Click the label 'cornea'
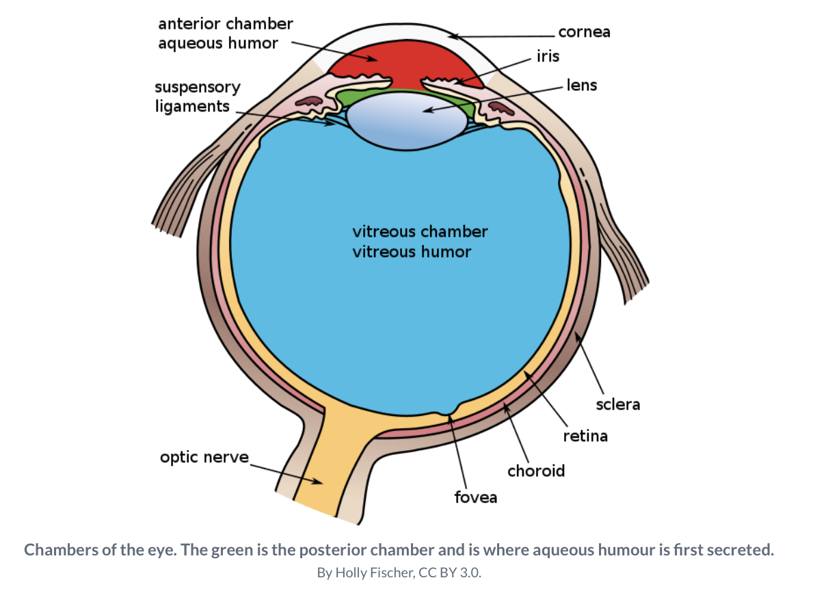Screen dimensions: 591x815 [584, 32]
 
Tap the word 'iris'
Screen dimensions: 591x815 [548, 57]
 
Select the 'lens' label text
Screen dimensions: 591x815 [581, 86]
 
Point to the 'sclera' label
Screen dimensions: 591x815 [617, 404]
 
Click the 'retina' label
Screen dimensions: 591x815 [585, 436]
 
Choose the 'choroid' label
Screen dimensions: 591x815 [536, 471]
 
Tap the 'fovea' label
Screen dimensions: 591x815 [476, 497]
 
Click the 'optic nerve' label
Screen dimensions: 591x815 [204, 457]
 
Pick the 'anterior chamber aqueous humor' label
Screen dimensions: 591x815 [225, 34]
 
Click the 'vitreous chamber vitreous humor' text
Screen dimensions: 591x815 [419, 241]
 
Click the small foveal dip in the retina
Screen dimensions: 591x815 [449, 412]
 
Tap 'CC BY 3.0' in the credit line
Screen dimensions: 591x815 [455, 573]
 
